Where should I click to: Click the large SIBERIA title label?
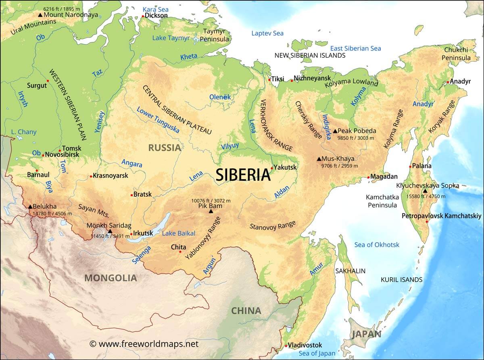[243, 175]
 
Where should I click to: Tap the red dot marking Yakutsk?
[272, 168]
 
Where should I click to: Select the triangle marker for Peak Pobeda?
[335, 131]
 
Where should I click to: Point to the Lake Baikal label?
[178, 233]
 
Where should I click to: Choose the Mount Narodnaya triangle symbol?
[40, 15]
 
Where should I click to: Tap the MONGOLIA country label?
[111, 278]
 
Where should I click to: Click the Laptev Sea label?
[267, 33]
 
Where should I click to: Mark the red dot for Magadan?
[368, 177]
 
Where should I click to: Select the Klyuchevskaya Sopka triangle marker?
[425, 191]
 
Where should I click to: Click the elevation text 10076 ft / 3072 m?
[211, 200]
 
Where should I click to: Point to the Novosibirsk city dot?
[43, 155]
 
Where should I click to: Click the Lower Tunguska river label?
[158, 120]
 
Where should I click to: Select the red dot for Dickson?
[143, 16]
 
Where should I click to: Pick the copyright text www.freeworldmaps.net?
[144, 344]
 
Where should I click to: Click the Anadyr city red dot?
[448, 82]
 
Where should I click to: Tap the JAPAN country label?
[366, 334]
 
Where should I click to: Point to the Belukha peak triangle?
[30, 207]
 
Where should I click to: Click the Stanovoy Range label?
[273, 226]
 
